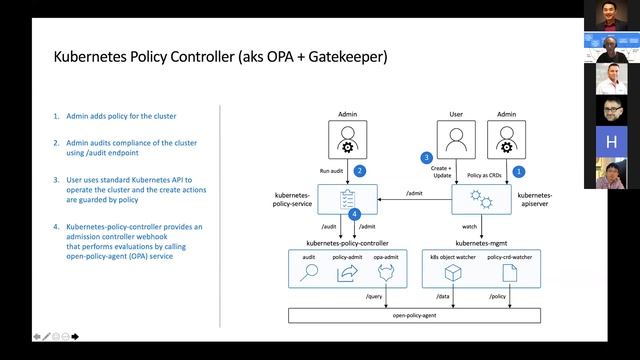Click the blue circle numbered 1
pyautogui.click(x=519, y=171)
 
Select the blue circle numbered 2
pyautogui.click(x=359, y=171)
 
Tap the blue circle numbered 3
pyautogui.click(x=426, y=158)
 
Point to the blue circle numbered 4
pyautogui.click(x=354, y=214)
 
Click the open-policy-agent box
pyautogui.click(x=414, y=316)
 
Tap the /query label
pyautogui.click(x=375, y=297)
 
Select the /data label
pyautogui.click(x=443, y=297)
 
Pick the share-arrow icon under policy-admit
pyautogui.click(x=346, y=273)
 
